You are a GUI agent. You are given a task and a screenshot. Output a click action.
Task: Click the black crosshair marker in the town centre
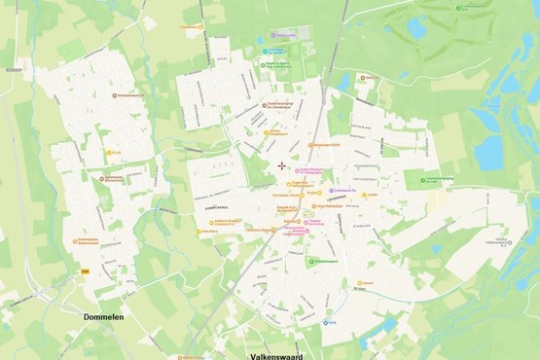(282, 165)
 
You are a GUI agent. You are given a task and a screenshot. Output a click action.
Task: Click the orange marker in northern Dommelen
(114, 95)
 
